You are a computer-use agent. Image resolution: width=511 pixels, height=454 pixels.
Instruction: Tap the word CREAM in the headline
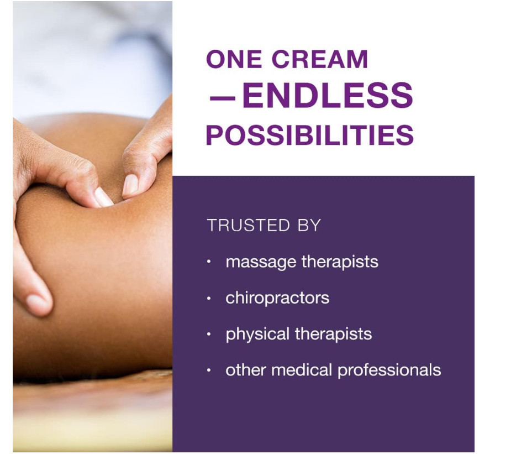pos(320,59)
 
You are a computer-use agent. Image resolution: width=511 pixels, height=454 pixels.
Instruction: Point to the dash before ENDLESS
pos(222,97)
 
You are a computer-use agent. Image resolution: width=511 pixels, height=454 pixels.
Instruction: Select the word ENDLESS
pos(328,95)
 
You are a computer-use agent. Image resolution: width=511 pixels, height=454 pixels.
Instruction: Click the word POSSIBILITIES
pos(310,135)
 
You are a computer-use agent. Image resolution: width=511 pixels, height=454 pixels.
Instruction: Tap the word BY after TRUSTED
pos(309,226)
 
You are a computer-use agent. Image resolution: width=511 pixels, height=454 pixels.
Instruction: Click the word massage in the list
pos(261,263)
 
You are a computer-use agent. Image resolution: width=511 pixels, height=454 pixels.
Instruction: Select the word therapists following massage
pos(340,262)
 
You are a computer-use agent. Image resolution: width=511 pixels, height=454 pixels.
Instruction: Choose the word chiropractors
pos(277,298)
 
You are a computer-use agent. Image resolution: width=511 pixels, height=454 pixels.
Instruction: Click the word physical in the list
pos(257,335)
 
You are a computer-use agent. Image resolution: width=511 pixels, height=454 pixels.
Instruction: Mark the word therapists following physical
pos(333,334)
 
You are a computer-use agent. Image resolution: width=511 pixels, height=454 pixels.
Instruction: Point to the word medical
pos(302,370)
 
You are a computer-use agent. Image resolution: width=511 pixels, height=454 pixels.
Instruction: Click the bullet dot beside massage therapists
pos(209,262)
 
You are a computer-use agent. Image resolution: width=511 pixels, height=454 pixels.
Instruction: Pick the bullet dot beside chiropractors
pos(209,298)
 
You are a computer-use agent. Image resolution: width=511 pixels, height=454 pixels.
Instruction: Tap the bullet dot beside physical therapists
pos(209,334)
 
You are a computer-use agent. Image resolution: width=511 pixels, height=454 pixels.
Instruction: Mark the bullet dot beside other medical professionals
pos(209,370)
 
